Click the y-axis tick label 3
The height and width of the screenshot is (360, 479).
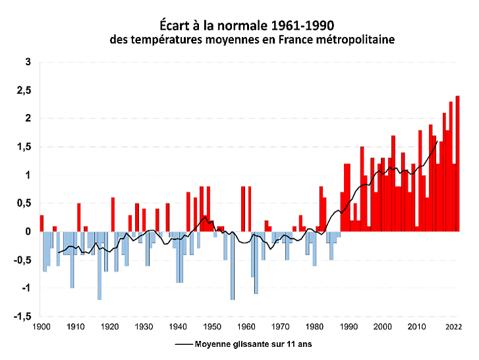point(28,62)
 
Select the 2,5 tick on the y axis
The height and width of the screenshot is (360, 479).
point(24,90)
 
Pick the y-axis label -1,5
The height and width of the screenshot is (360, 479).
point(22,316)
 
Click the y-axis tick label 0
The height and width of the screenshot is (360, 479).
point(28,231)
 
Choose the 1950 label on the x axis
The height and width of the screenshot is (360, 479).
point(212,326)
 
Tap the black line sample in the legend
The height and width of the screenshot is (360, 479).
point(184,344)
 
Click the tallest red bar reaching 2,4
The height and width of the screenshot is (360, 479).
point(457,164)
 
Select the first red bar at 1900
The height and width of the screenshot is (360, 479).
point(42,224)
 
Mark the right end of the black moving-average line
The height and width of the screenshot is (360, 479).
point(437,140)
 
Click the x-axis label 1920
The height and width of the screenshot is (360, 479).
point(109,326)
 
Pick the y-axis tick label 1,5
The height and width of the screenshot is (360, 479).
point(24,147)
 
